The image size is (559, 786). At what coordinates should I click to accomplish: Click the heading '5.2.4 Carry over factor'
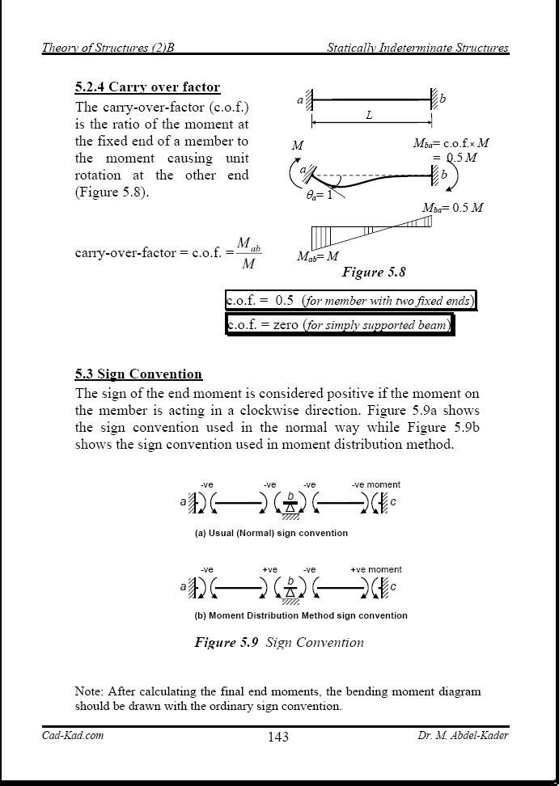(x=147, y=87)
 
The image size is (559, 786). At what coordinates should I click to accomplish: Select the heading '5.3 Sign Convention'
(x=138, y=374)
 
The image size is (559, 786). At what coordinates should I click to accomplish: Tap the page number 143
(x=277, y=736)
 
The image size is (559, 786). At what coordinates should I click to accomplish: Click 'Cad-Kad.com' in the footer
(x=73, y=735)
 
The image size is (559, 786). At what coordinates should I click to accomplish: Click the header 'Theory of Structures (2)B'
(x=108, y=48)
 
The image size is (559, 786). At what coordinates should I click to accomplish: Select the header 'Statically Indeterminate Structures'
(x=417, y=48)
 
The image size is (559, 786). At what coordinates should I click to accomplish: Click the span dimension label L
(x=369, y=116)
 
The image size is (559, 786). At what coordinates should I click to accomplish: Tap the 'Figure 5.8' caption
(x=374, y=273)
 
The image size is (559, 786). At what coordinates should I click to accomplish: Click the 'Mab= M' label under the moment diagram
(x=317, y=256)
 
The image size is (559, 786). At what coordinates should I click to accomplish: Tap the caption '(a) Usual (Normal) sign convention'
(x=271, y=533)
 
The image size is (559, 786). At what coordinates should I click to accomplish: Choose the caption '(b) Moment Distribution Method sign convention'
(x=301, y=615)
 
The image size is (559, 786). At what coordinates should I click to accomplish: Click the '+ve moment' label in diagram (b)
(x=375, y=569)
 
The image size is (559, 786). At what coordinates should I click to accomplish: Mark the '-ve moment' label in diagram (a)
(x=376, y=484)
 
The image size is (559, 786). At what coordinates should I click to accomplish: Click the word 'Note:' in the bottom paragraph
(x=89, y=691)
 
